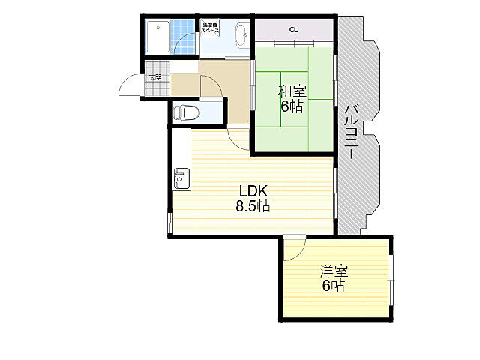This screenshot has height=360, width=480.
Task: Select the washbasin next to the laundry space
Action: pyautogui.click(x=241, y=34)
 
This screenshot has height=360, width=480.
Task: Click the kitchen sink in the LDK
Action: pyautogui.click(x=181, y=179)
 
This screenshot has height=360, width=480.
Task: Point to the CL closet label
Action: pyautogui.click(x=293, y=30)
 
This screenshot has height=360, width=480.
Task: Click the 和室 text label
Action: pyautogui.click(x=292, y=91)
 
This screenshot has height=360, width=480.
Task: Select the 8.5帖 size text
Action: pyautogui.click(x=253, y=205)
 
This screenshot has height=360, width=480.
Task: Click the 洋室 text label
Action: pyautogui.click(x=334, y=271)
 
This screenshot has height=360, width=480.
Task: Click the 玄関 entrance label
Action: pyautogui.click(x=155, y=77)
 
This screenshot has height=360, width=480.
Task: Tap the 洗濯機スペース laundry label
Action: pyautogui.click(x=210, y=29)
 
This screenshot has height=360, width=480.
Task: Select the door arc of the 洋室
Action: pyautogui.click(x=295, y=247)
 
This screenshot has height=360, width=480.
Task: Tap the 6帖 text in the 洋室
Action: pyautogui.click(x=334, y=286)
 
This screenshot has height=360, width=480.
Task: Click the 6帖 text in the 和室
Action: pyautogui.click(x=292, y=106)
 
